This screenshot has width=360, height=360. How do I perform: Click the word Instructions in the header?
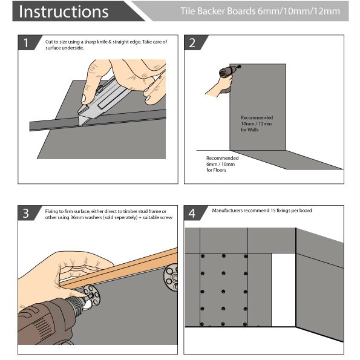pyautogui.click(x=64, y=11)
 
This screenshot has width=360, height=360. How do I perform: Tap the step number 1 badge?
pyautogui.click(x=27, y=43)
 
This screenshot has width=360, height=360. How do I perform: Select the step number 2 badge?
pyautogui.click(x=193, y=43)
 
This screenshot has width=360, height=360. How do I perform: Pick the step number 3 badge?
pyautogui.click(x=27, y=214)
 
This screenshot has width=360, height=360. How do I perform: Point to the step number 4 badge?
pyautogui.click(x=193, y=214)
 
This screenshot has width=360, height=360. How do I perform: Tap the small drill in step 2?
pyautogui.click(x=227, y=76)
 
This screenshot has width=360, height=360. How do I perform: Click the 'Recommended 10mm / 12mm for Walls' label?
pyautogui.click(x=257, y=123)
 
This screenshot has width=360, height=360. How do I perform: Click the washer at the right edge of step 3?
pyautogui.click(x=169, y=278)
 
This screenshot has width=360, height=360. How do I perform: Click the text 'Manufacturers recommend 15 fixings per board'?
pyautogui.click(x=261, y=211)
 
